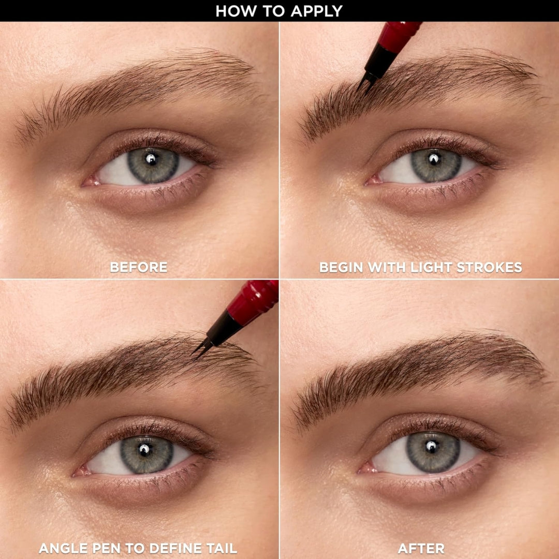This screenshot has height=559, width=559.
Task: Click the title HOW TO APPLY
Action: click(279, 11)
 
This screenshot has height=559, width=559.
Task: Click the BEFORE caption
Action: click(139, 267)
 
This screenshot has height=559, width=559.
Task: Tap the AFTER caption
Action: click(421, 548)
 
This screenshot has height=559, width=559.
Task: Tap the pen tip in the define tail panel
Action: click(197, 352)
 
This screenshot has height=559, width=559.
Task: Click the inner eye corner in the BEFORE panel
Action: click(89, 182)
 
